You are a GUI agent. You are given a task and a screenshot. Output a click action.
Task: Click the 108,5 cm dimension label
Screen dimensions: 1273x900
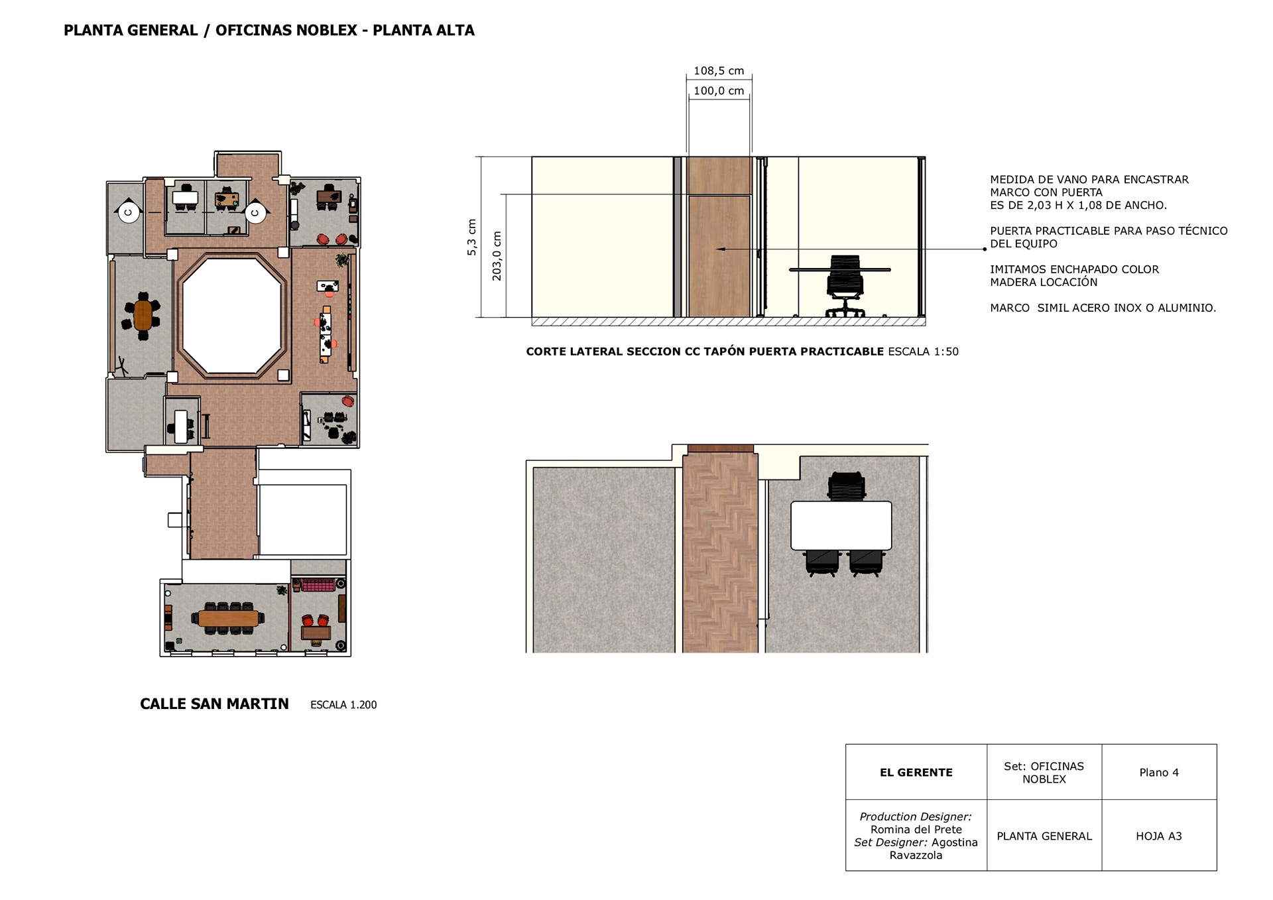point(719,71)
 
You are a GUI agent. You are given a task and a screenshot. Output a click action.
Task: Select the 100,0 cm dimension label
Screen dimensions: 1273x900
point(719,91)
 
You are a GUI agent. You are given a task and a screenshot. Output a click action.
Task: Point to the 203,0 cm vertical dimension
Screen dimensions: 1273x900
point(497,255)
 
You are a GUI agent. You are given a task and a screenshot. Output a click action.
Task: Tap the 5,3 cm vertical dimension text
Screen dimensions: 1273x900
point(471,237)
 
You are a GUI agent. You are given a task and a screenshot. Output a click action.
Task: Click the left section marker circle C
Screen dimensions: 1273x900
point(129,213)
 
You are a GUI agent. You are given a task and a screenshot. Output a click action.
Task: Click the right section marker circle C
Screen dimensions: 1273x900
point(255,213)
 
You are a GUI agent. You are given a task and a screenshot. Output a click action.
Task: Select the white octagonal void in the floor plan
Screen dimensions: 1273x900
point(232,316)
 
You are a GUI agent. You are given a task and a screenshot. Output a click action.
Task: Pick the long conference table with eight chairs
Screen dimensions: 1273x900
point(228,618)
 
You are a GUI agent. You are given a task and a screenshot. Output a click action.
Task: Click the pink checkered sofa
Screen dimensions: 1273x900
point(318,584)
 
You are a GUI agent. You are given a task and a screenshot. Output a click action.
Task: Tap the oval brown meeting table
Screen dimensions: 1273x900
point(143,315)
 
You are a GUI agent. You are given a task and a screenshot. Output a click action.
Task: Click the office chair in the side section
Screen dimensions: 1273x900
point(845,286)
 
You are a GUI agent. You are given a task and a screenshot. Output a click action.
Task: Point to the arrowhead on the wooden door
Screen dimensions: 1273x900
point(720,249)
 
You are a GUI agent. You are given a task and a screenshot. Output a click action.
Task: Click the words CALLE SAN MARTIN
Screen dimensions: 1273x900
point(214,704)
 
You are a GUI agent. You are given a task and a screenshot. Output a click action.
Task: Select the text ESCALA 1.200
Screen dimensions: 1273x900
point(343,705)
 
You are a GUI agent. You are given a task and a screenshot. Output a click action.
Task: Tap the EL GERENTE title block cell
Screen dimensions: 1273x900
point(916,772)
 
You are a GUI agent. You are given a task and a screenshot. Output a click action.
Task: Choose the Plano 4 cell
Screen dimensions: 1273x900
point(1159,772)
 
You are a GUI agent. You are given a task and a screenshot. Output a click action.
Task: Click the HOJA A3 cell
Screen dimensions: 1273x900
point(1159,836)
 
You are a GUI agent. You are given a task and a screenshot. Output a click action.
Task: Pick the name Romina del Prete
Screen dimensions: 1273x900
point(916,830)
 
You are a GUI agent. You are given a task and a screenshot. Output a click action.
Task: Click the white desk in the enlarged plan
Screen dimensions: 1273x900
point(841,526)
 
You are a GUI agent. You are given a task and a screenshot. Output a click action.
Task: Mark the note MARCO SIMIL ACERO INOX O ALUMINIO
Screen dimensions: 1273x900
point(1103,308)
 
